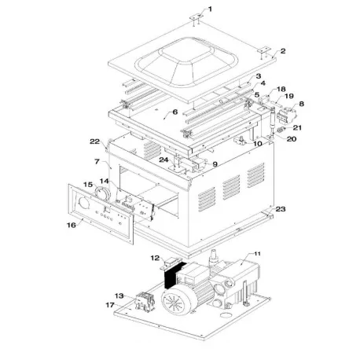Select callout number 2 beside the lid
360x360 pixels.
[x=283, y=51]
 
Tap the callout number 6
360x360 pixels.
[x=175, y=113]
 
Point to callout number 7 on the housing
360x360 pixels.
[x=96, y=162]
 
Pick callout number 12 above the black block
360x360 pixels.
[x=154, y=258]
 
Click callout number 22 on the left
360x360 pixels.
[x=94, y=141]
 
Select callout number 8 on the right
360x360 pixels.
[x=300, y=103]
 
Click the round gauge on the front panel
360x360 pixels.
[x=102, y=192]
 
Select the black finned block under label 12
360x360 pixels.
[x=171, y=277]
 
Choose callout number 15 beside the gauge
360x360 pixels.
[x=89, y=185]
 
